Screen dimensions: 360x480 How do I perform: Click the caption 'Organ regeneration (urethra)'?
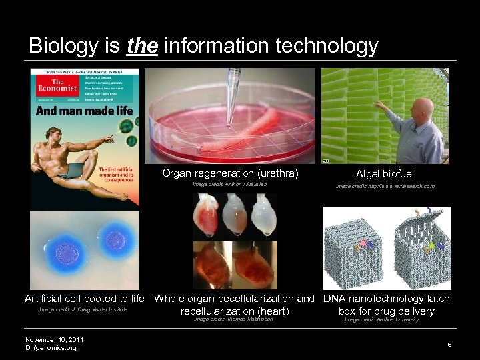[230, 173]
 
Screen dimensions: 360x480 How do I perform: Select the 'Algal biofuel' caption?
[385, 174]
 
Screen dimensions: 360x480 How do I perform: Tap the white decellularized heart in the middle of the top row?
[235, 217]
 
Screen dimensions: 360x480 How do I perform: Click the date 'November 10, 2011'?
[55, 339]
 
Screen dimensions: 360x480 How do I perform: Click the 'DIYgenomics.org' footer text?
[51, 348]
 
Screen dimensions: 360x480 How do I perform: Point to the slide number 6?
[449, 344]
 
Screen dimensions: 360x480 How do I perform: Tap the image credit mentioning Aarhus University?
[381, 320]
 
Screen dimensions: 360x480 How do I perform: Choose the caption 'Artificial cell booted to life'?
[85, 299]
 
